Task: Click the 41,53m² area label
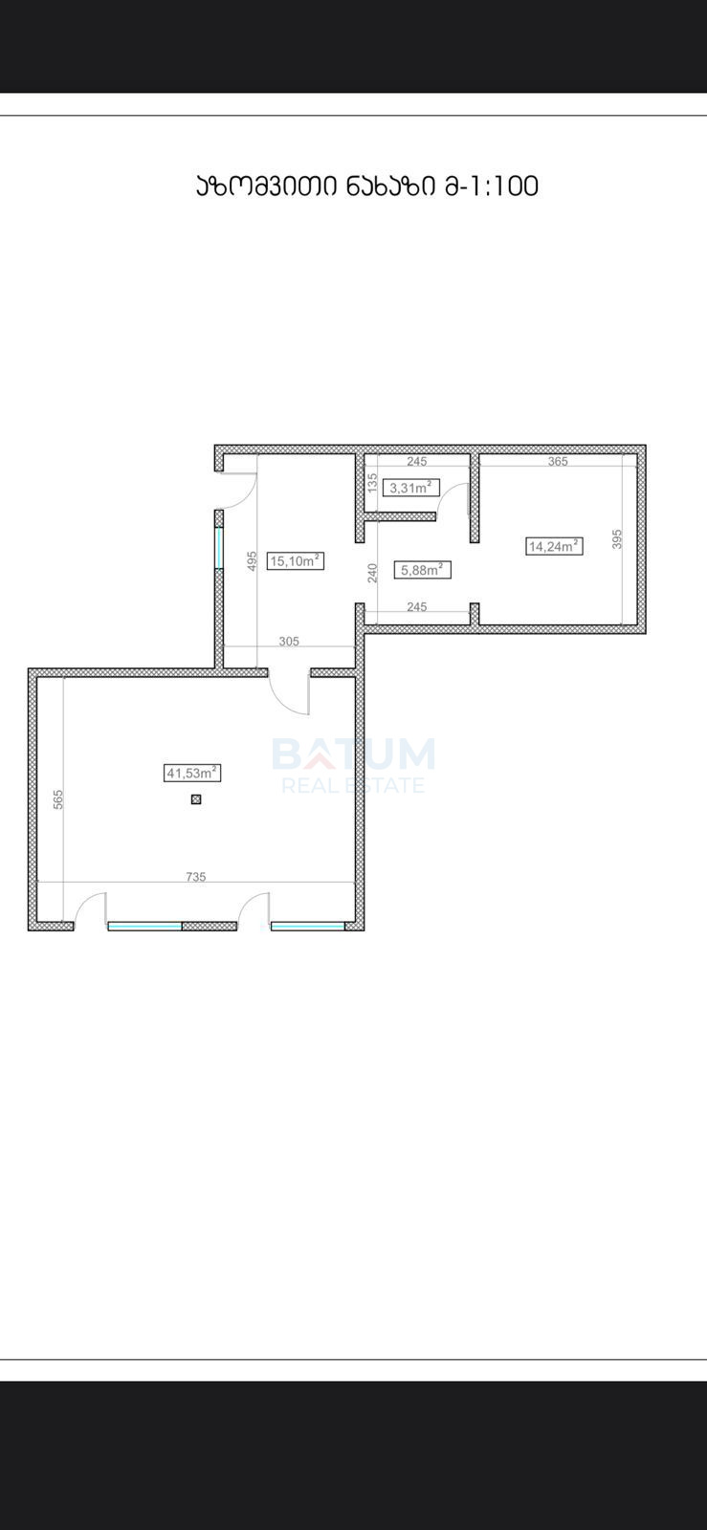tap(193, 774)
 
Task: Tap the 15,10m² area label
tap(295, 560)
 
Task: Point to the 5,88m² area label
tap(422, 570)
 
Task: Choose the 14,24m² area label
tap(554, 546)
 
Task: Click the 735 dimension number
tap(196, 876)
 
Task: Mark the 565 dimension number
tap(58, 799)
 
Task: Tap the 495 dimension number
tap(252, 560)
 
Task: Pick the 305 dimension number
tap(289, 642)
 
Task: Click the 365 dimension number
tap(558, 461)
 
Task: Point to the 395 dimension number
tap(617, 539)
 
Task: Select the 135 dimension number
tap(372, 483)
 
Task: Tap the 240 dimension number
tap(372, 573)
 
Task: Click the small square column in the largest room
tap(196, 799)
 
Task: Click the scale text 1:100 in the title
tap(502, 186)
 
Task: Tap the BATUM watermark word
tap(354, 754)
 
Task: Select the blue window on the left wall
tap(218, 548)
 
